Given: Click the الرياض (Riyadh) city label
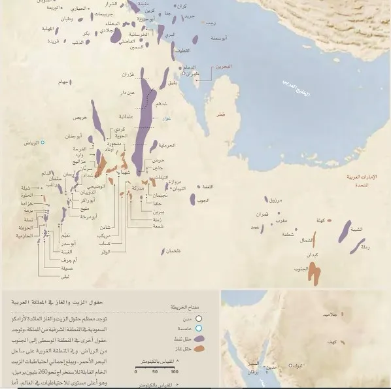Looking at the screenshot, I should point(31,142).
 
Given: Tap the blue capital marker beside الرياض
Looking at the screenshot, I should point(43,142).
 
